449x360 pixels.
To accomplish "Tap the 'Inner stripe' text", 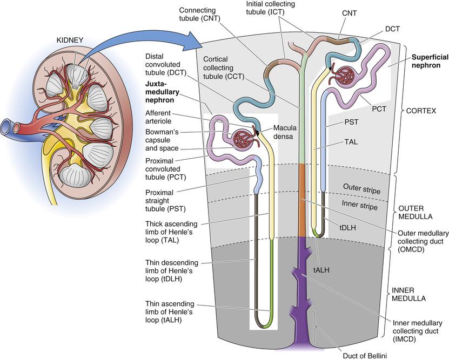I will [360, 206].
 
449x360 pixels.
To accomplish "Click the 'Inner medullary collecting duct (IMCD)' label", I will [417, 328].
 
